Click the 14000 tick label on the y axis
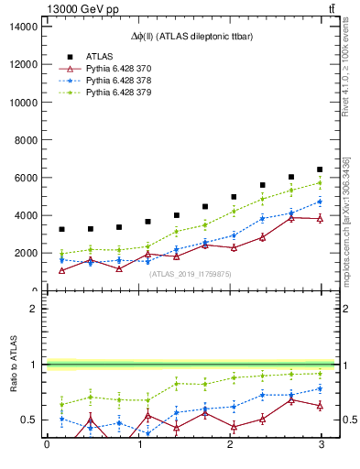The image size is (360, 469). click(22, 27)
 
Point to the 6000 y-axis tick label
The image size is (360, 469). click(25, 178)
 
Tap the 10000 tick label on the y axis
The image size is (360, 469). click(22, 103)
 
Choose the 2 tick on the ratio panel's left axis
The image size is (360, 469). click(32, 309)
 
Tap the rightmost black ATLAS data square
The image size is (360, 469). click(320, 169)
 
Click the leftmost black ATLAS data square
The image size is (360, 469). click(61, 229)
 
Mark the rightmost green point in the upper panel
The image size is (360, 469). click(320, 183)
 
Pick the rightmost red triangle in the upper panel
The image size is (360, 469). click(320, 219)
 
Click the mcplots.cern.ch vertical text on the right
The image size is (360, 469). click(346, 220)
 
